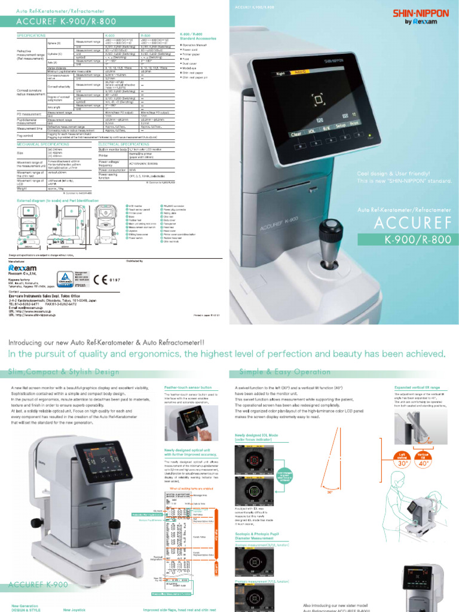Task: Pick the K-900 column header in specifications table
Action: coord(112,35)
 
